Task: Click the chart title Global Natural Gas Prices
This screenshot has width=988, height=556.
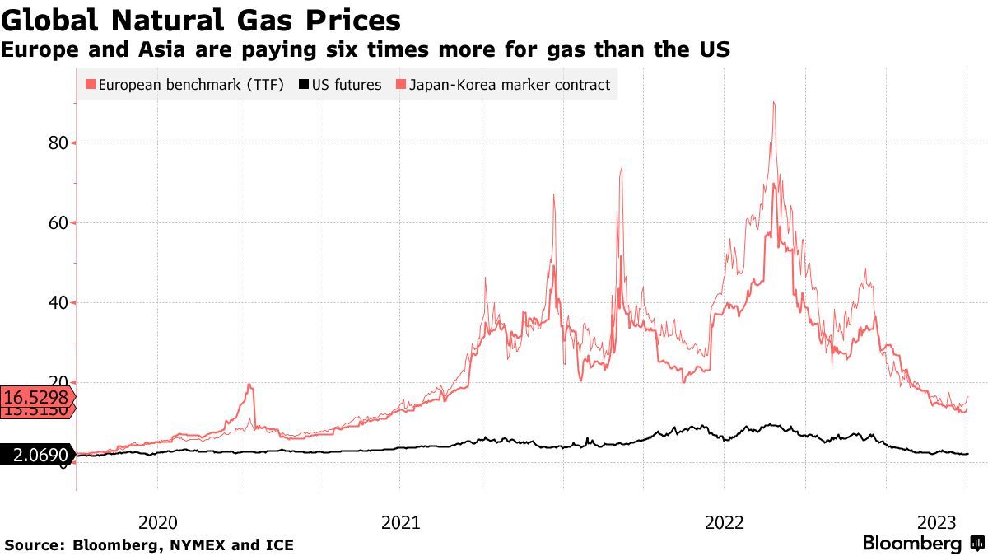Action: coord(201,20)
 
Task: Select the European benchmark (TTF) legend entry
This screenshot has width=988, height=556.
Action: coord(190,84)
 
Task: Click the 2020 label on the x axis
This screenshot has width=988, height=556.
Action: coord(158,522)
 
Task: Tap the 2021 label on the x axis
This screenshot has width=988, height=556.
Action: coord(401,522)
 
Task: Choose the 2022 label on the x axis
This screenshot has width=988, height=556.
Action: coord(725,522)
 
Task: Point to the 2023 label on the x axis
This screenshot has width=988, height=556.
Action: coord(936,522)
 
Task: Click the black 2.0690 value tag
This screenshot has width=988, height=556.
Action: coord(37,454)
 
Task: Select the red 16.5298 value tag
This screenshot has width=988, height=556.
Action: coord(37,397)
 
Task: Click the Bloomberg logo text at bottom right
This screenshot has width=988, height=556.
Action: coord(911,544)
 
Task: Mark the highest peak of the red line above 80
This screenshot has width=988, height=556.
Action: coord(774,103)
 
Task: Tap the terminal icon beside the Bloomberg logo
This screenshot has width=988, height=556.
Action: coord(977,544)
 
